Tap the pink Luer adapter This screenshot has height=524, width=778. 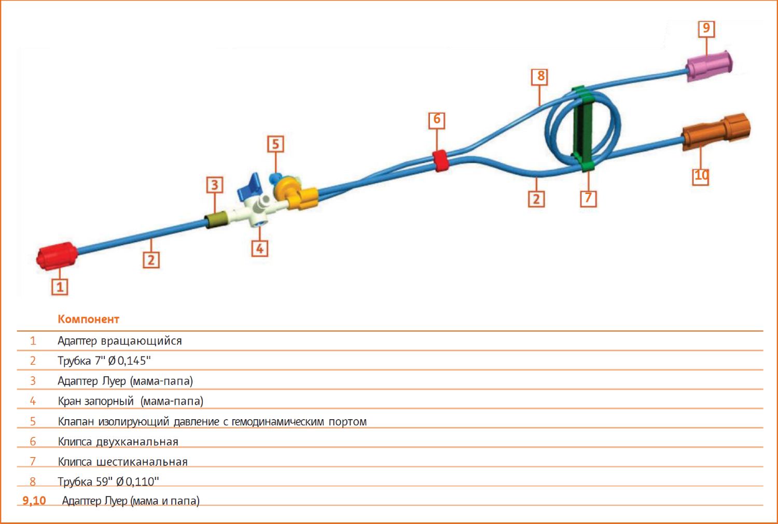pyautogui.click(x=709, y=66)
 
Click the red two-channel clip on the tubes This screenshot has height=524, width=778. pyautogui.click(x=440, y=160)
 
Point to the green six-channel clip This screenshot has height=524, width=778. pyautogui.click(x=584, y=129)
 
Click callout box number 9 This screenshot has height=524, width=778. pyautogui.click(x=706, y=29)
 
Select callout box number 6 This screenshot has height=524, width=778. pyautogui.click(x=437, y=120)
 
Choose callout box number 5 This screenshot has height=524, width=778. pyautogui.click(x=275, y=144)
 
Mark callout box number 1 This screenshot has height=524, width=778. pyautogui.click(x=60, y=287)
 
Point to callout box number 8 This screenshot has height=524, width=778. pyautogui.click(x=540, y=77)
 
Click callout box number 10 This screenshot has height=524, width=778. pyautogui.click(x=701, y=176)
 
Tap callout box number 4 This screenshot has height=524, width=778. pyautogui.click(x=260, y=249)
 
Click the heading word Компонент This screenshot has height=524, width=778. pyautogui.click(x=89, y=319)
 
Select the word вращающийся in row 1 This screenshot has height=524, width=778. pyautogui.click(x=142, y=341)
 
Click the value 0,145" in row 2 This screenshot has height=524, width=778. pyautogui.click(x=134, y=361)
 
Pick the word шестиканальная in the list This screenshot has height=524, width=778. pyautogui.click(x=142, y=462)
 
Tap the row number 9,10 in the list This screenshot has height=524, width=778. pyautogui.click(x=34, y=501)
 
